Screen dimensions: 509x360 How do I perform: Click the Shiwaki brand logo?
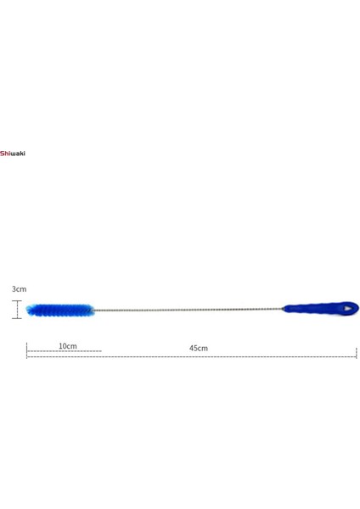(13, 154)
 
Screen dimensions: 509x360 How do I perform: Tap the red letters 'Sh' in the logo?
(4, 154)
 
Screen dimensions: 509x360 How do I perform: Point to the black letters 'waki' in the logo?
(18, 154)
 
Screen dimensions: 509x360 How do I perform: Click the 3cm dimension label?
(18, 289)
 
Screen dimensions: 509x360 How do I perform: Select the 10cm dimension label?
(68, 346)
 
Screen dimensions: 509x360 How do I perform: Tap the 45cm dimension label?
(198, 348)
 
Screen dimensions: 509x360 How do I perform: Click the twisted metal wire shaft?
(187, 310)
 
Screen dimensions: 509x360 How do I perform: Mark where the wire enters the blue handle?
(284, 309)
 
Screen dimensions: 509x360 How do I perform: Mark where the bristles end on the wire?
(93, 310)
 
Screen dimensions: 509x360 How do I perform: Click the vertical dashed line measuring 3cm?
(17, 310)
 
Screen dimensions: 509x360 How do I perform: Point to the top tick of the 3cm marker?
(17, 300)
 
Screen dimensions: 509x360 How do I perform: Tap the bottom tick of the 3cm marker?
(17, 319)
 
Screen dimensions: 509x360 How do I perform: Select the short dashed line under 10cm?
(64, 351)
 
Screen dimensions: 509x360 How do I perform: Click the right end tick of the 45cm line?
(356, 351)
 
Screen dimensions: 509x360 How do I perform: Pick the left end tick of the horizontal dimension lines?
(27, 350)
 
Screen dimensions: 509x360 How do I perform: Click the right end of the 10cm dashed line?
(101, 351)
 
